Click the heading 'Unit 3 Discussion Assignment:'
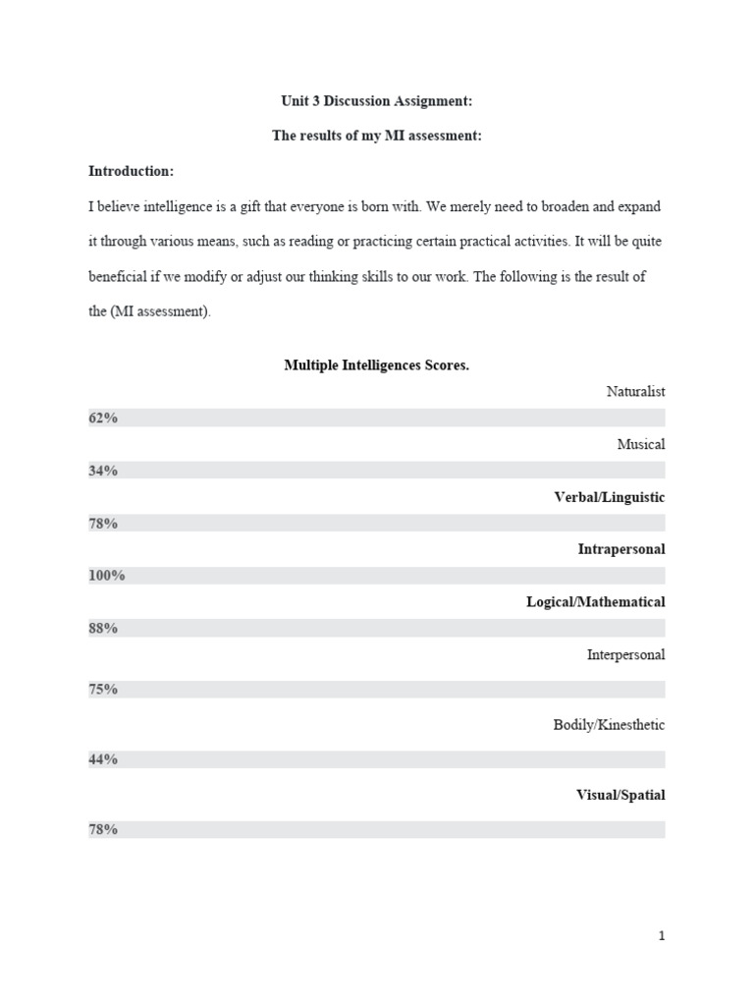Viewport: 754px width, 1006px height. point(377,101)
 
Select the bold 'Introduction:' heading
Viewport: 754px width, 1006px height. point(131,171)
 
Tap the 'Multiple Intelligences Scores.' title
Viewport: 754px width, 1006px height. point(377,365)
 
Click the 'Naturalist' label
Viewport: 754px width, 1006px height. point(635,391)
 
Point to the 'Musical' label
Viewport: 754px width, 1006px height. point(640,444)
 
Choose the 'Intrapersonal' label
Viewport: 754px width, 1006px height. point(620,549)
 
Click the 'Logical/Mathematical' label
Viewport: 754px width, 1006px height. point(595,601)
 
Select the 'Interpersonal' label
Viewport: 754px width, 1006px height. point(625,654)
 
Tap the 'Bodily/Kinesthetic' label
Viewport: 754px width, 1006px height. point(609,725)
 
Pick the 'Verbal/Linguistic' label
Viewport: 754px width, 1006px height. point(609,497)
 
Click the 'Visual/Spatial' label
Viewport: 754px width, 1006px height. point(620,795)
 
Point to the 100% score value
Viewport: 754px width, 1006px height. point(106,576)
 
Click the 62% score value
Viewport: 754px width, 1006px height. point(103,418)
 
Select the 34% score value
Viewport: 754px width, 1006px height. point(103,471)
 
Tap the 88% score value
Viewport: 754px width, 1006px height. point(103,628)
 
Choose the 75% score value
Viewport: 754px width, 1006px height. point(103,689)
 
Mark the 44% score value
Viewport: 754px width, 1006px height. point(103,759)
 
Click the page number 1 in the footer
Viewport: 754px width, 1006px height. point(662,936)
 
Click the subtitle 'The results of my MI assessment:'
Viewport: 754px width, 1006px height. point(377,136)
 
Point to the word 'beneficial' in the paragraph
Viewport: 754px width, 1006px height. point(120,277)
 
